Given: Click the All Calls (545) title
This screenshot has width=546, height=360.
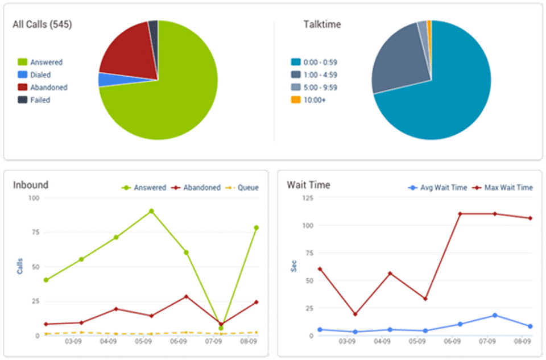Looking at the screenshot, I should pos(42,25).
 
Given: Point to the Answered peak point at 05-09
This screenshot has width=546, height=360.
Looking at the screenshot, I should pos(151,211).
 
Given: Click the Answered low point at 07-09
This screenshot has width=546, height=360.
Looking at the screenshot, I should pos(221,328).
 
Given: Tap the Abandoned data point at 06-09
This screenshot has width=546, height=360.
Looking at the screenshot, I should pos(186,296).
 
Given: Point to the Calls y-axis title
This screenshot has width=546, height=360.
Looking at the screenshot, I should pos(20,266).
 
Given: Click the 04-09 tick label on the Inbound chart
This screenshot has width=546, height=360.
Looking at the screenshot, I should pos(108,342).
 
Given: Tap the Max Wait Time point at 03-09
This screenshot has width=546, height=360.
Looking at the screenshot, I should pos(355,314).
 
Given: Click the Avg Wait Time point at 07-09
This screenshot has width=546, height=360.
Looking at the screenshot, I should pos(495,315).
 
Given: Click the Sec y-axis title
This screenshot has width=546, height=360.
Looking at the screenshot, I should pos(294,266).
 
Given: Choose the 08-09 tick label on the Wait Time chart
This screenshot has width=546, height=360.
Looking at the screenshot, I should pos(522,342).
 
